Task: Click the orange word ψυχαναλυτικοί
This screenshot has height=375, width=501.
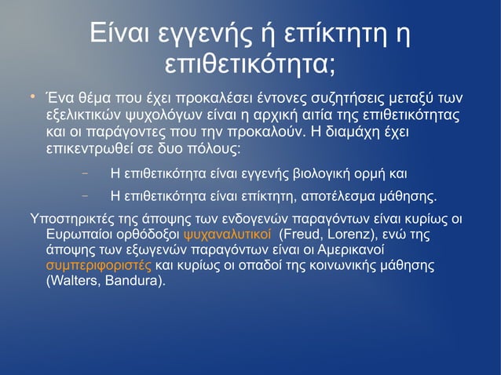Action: point(227,234)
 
